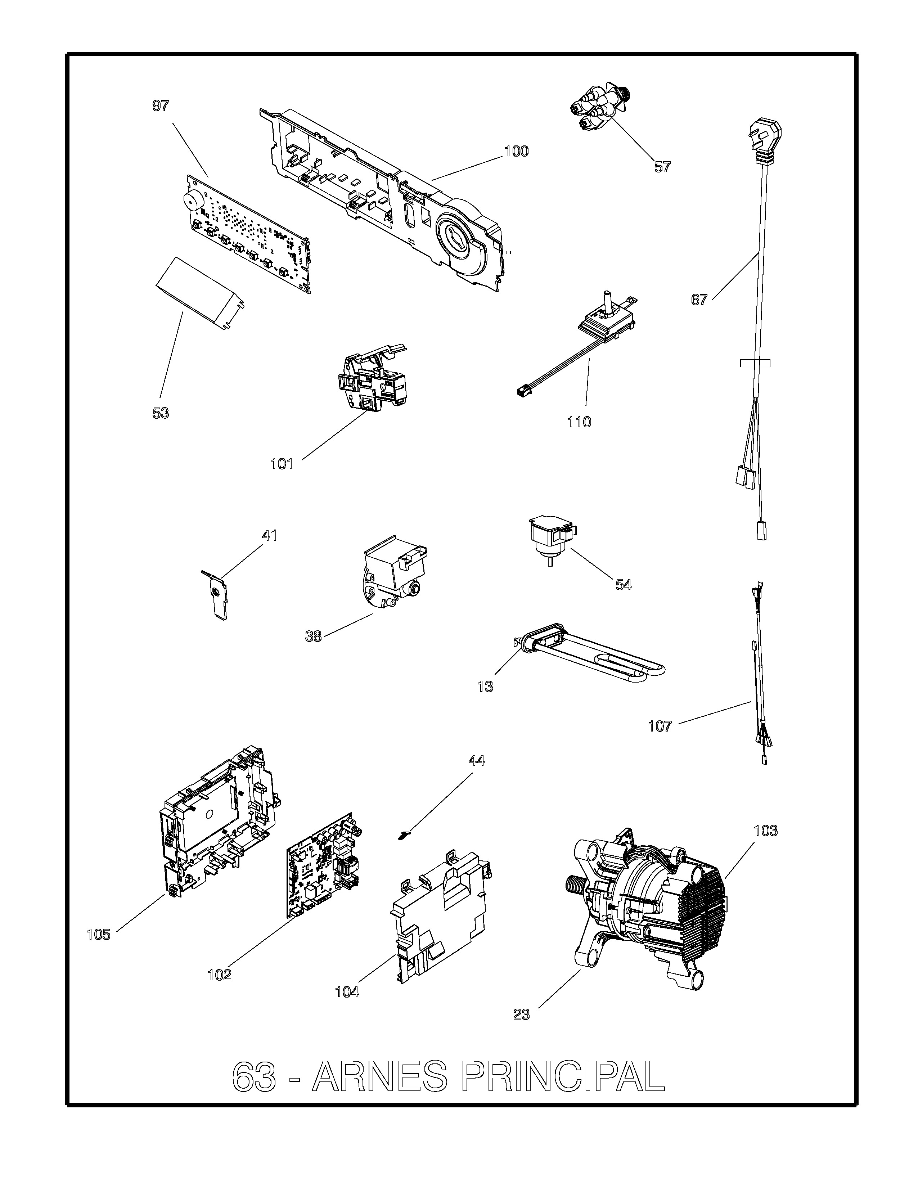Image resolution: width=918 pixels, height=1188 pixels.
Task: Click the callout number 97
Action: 161,106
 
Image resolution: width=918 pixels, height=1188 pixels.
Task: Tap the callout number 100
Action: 516,151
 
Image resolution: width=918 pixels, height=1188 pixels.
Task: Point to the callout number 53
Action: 161,413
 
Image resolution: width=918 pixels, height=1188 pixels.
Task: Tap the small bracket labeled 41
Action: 215,595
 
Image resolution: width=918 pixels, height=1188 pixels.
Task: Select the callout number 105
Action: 98,935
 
